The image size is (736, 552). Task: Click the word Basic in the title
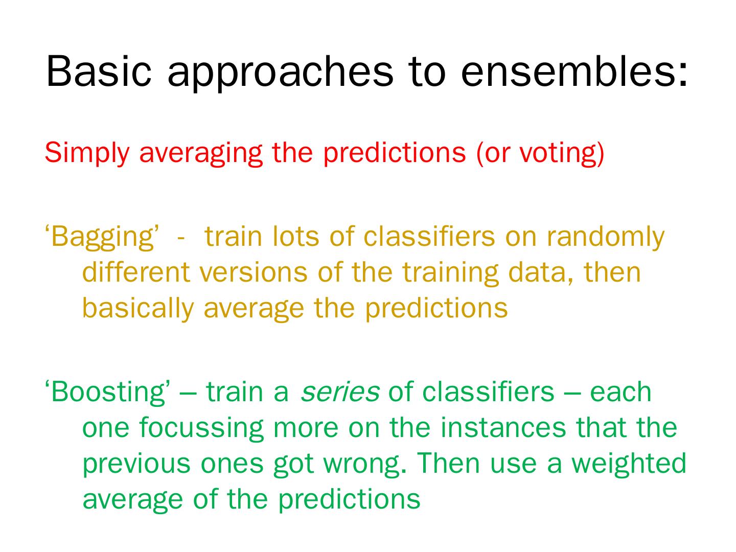pos(99,71)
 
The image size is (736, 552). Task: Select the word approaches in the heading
pos(280,74)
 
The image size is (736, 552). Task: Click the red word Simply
pos(87,153)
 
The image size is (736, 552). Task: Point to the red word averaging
pos(200,154)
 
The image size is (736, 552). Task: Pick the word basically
pos(138,308)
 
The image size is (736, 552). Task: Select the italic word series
pos(340,393)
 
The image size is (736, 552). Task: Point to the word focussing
pos(201,428)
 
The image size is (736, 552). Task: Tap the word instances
pos(503,428)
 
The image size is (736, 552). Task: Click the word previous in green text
pos(136,465)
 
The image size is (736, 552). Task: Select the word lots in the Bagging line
pos(295,237)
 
